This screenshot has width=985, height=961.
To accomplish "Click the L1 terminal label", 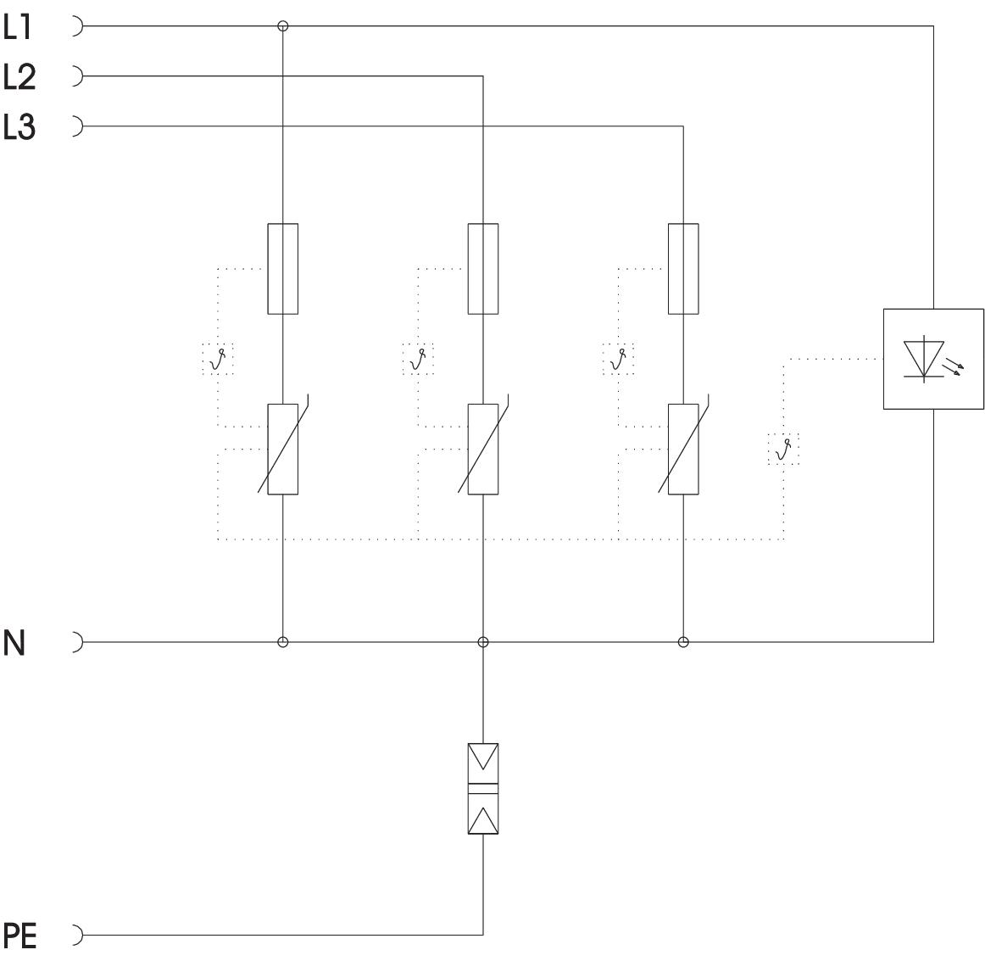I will coord(19,28).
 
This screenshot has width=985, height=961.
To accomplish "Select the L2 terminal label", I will coord(19,78).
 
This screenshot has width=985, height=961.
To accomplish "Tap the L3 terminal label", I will coord(19,128).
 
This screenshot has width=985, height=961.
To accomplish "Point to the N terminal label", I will coord(14,644).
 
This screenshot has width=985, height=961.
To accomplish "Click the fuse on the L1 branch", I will coord(282,268).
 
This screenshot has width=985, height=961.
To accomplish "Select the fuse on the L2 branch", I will coord(483,268).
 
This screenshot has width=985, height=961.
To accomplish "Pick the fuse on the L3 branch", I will coord(683,268).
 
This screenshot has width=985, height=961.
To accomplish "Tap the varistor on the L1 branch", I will coord(282,449).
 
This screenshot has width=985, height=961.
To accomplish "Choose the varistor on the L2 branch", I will coord(483,449).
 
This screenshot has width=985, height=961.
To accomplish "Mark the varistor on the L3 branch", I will coord(683,449).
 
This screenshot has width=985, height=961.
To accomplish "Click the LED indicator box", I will coord(933,359).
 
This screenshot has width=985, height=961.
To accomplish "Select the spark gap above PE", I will coord(483,788).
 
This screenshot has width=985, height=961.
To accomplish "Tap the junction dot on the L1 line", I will coord(283,26).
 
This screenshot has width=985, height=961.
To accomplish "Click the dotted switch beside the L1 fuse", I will coord(218,359).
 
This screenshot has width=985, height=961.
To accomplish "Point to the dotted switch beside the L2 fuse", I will coord(418,359).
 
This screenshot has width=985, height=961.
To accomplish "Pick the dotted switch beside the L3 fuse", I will coord(618,359).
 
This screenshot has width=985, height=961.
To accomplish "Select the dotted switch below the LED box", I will coord(783,449).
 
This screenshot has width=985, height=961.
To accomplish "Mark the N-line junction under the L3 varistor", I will coord(683,642).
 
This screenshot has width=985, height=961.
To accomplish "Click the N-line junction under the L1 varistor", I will coord(283,642).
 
